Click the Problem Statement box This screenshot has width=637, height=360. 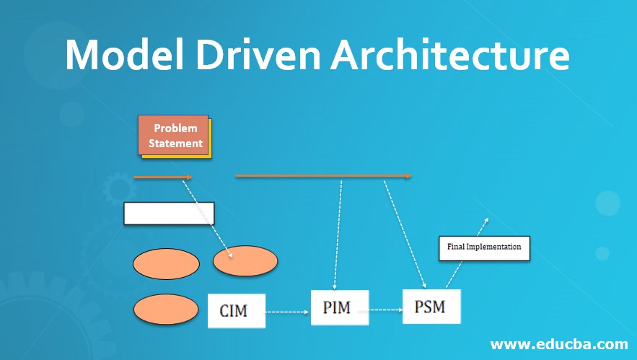point(174,136)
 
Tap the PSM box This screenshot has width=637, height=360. point(431,307)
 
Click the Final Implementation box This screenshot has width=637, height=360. point(484,247)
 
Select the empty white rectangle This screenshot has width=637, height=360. point(169,214)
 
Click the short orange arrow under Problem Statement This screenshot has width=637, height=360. point(163,177)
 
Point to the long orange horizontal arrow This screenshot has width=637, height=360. point(323,175)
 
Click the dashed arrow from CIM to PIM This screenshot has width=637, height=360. point(288,312)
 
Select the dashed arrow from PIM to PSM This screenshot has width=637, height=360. point(385,309)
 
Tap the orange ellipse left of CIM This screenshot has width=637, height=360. point(166,310)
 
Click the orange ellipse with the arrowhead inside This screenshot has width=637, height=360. point(245,261)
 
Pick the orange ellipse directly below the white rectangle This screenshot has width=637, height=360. point(166,263)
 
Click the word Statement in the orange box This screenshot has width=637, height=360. point(175,143)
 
